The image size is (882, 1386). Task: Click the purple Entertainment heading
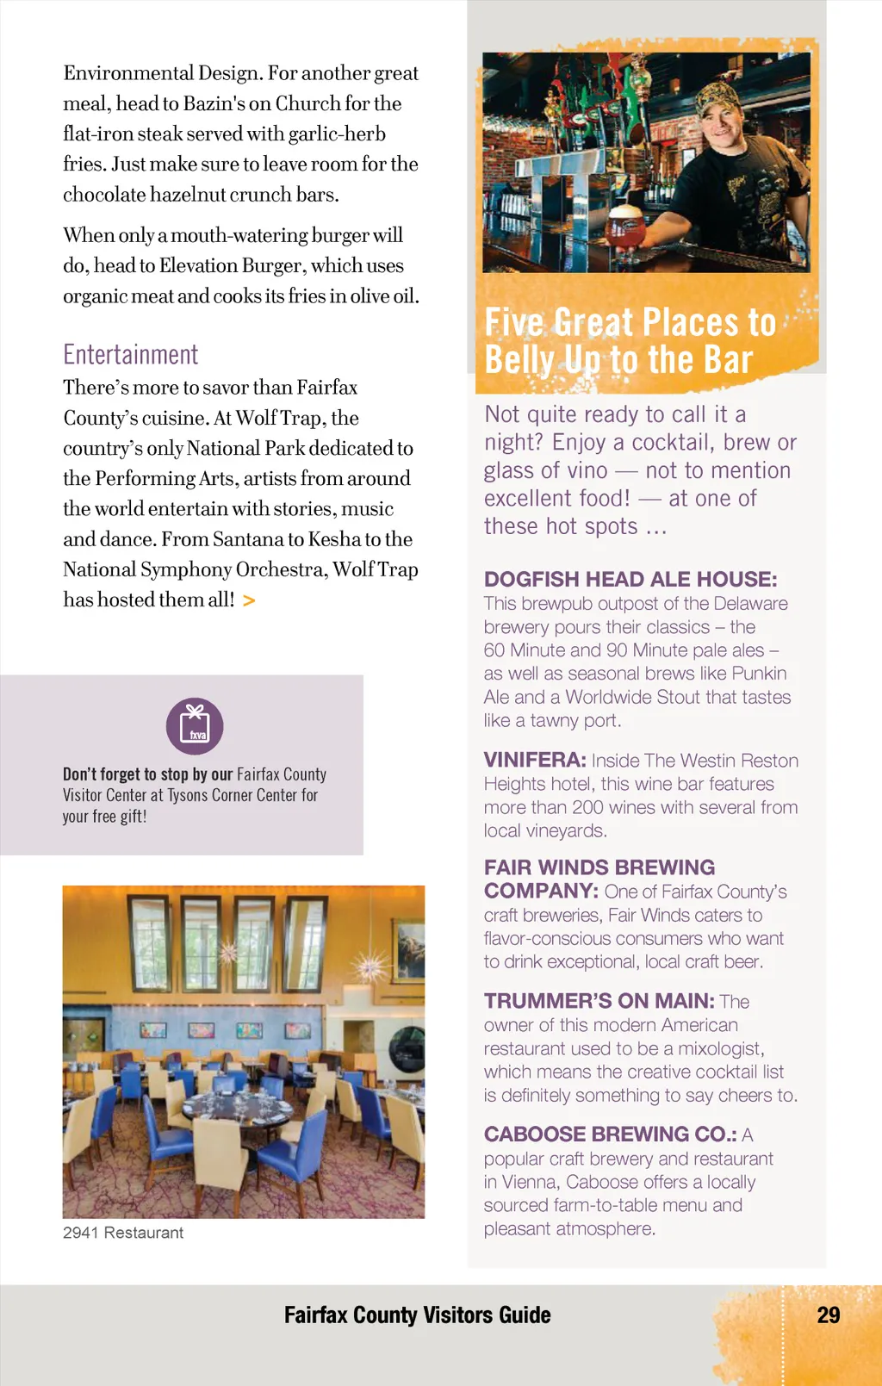coord(131,355)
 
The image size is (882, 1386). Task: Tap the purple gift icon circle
coord(195,726)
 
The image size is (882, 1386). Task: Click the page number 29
coord(828,1315)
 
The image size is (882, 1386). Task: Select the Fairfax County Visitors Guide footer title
coord(417,1315)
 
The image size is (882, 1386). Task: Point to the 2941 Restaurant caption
coord(123,1233)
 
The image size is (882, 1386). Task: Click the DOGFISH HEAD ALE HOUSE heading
coord(630,580)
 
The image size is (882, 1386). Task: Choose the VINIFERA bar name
coord(534,761)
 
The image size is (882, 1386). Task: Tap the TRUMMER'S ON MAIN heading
coord(599,1001)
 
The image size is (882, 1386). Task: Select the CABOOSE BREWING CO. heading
coord(610,1134)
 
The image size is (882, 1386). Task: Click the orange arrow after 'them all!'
coord(249,600)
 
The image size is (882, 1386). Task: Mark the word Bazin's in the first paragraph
coord(214,104)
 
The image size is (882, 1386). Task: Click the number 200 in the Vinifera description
coord(587,808)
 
